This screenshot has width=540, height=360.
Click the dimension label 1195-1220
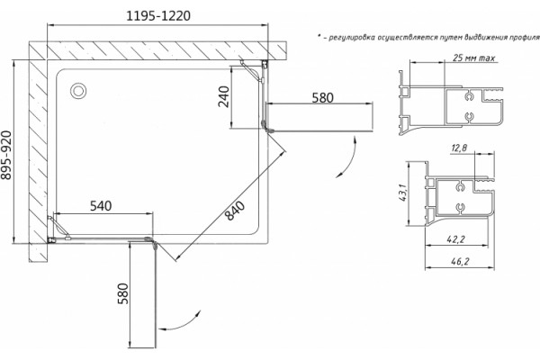pyautogui.click(x=158, y=16)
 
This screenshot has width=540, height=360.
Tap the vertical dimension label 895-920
pyautogui.click(x=6, y=156)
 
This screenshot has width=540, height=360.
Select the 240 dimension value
pyautogui.click(x=224, y=97)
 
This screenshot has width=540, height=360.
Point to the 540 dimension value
pyautogui.click(x=101, y=206)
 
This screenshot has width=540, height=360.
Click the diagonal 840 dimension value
pyautogui.click(x=235, y=211)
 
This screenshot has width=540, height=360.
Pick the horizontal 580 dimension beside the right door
pyautogui.click(x=323, y=98)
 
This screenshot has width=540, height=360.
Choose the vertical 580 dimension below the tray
pyautogui.click(x=123, y=294)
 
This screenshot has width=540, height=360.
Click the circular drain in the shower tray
pyautogui.click(x=78, y=91)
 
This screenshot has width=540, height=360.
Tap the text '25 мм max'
pyautogui.click(x=474, y=58)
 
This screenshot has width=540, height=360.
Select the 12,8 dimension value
pyautogui.click(x=459, y=148)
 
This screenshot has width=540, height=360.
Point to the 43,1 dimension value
pyautogui.click(x=404, y=193)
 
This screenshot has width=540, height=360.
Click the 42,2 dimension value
pyautogui.click(x=455, y=239)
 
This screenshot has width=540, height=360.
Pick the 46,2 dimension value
pyautogui.click(x=460, y=262)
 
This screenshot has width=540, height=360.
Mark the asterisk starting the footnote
pyautogui.click(x=319, y=36)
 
